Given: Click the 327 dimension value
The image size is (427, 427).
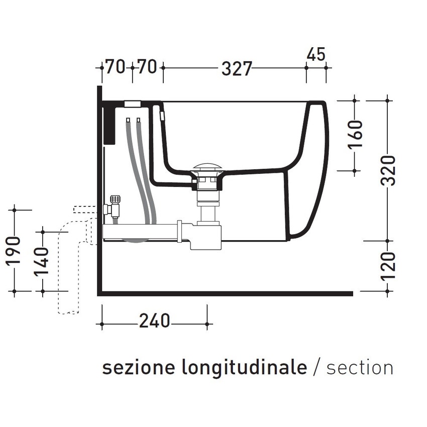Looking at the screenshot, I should [x=236, y=68].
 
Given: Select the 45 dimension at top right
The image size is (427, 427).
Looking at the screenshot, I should [x=316, y=54].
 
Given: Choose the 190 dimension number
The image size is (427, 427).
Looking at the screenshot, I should [x=15, y=250].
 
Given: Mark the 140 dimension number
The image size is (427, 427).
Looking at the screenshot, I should [x=43, y=260].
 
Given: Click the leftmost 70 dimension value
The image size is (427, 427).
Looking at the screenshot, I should [x=115, y=67].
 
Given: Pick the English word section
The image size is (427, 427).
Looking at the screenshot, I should [x=360, y=367].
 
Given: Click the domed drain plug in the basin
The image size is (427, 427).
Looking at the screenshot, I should [x=206, y=168].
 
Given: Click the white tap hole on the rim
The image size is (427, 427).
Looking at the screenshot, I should [x=133, y=104].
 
